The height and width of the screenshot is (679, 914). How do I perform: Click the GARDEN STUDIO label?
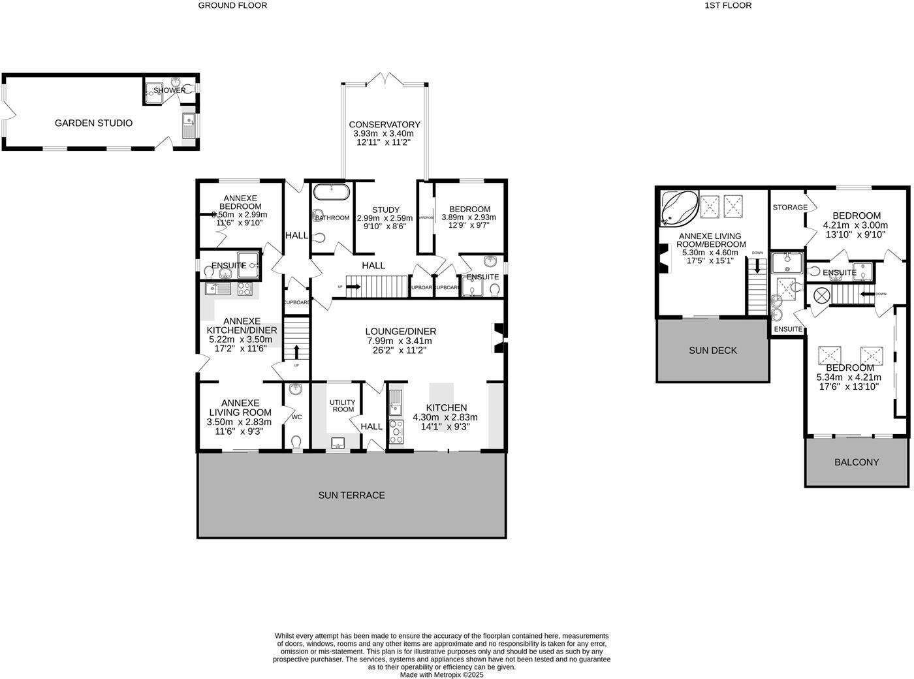click(x=93, y=123)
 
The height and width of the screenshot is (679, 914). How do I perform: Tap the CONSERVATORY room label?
click(x=384, y=125)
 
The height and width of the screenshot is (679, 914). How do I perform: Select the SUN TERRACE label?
click(x=351, y=495)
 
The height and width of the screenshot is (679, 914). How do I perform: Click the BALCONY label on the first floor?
click(x=857, y=462)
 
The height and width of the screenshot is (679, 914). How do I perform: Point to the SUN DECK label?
click(x=712, y=351)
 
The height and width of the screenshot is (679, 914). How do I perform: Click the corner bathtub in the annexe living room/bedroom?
click(x=678, y=206)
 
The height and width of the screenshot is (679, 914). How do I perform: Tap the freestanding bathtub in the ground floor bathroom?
click(x=332, y=192)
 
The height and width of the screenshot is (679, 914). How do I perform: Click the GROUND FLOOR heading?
click(x=232, y=5)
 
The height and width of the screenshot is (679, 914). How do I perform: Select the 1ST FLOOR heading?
click(x=728, y=5)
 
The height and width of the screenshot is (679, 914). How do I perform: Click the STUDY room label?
click(x=386, y=210)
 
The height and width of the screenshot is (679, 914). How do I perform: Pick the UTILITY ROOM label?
click(x=342, y=405)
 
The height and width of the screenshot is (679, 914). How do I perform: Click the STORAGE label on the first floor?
click(x=789, y=207)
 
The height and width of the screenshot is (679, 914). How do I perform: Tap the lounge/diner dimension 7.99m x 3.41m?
click(x=398, y=341)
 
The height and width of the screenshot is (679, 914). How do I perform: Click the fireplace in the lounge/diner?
click(x=499, y=338)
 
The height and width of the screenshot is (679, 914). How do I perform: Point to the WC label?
click(x=296, y=417)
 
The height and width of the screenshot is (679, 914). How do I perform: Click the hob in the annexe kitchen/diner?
click(x=245, y=288)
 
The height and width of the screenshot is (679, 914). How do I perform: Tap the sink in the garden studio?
click(x=188, y=121)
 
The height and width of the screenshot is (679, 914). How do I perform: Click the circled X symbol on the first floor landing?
click(x=817, y=296)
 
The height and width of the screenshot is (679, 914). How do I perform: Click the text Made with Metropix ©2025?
click(x=442, y=674)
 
